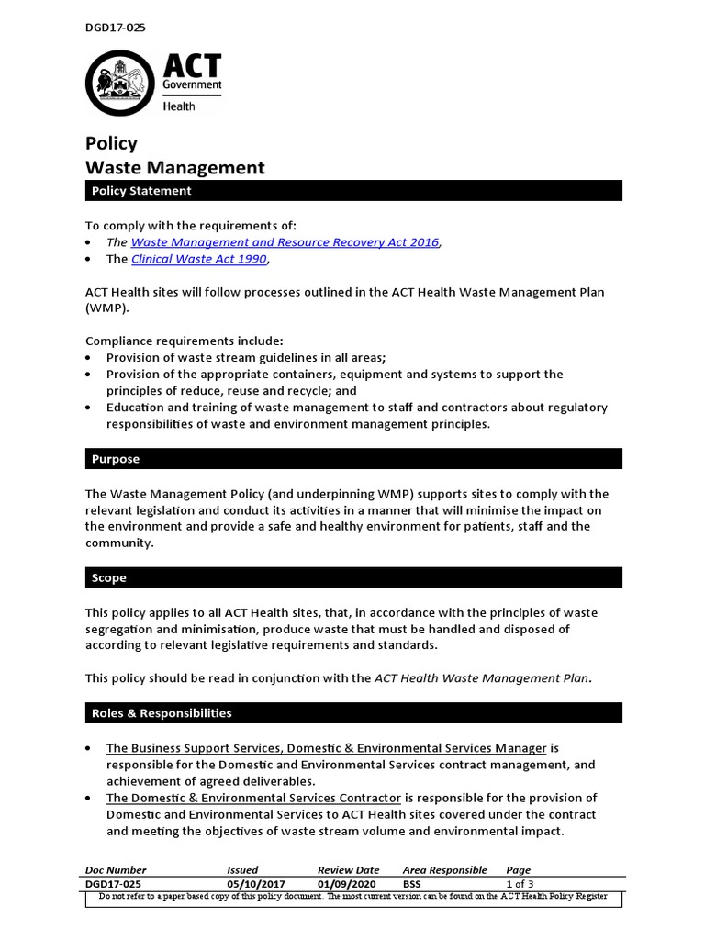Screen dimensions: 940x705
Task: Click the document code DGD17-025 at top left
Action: coord(115,28)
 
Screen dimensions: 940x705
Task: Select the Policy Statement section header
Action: coord(140,191)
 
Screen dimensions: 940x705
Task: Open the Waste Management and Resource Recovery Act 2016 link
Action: coord(285,242)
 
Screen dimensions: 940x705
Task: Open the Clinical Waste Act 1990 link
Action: coord(199,259)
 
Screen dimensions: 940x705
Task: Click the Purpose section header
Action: coord(116,459)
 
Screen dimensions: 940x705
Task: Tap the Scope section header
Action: coord(109,578)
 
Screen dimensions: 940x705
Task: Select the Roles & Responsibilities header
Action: coord(162,713)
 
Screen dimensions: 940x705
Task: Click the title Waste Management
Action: coord(174,168)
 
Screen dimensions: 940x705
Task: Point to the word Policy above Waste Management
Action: coord(111,143)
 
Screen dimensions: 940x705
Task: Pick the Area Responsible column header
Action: coord(444,869)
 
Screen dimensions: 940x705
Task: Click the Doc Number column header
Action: coord(116,869)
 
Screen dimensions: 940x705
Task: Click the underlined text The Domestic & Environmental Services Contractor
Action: coord(253,798)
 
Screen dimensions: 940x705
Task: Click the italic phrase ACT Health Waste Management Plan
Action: coord(482,678)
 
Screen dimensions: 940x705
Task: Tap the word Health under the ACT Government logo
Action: coord(179,106)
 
